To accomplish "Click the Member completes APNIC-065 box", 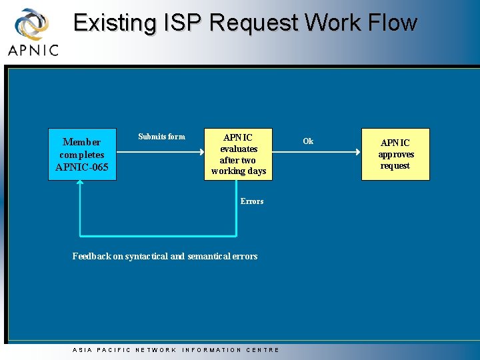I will pyautogui.click(x=82, y=154).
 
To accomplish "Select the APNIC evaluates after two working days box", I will pyautogui.click(x=238, y=154).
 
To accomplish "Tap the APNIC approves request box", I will pyautogui.click(x=395, y=154).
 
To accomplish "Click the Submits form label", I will pyautogui.click(x=161, y=137).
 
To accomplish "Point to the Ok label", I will pyautogui.click(x=308, y=141).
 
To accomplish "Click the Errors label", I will pyautogui.click(x=252, y=201).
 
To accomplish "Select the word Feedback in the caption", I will pyautogui.click(x=92, y=256).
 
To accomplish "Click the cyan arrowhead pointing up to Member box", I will pyautogui.click(x=80, y=185).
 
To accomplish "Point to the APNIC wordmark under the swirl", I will pyautogui.click(x=33, y=50).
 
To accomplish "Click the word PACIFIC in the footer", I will pyautogui.click(x=114, y=350).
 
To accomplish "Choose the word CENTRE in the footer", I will pyautogui.click(x=263, y=350).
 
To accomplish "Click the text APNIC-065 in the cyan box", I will pyautogui.click(x=82, y=167).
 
